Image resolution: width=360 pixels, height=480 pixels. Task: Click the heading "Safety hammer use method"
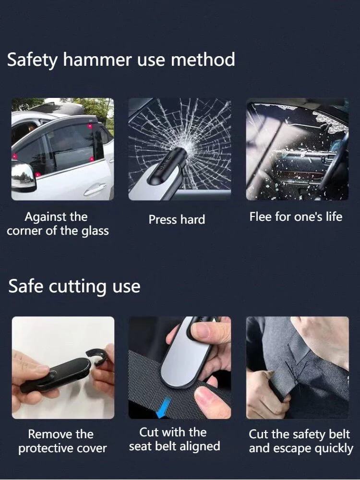(121, 60)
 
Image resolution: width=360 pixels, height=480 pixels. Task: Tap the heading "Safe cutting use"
(74, 286)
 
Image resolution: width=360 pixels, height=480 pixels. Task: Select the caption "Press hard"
(177, 220)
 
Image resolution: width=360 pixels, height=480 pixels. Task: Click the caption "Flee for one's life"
(296, 217)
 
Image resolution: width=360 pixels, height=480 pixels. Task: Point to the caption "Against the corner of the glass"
(58, 224)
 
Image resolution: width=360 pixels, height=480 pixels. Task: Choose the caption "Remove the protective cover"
(62, 442)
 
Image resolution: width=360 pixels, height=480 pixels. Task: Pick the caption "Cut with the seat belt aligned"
(174, 439)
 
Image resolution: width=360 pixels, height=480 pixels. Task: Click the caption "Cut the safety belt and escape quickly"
(300, 442)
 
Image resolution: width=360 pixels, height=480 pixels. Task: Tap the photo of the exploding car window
(297, 149)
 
